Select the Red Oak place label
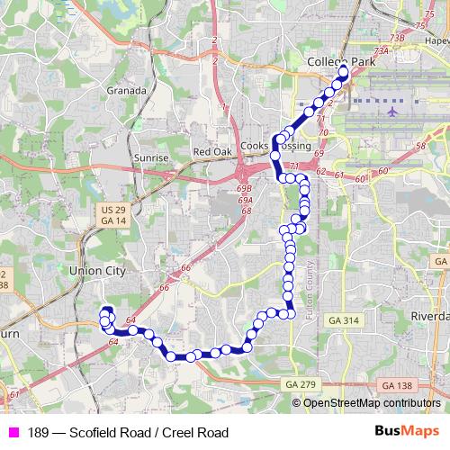(213, 153)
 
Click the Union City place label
(94, 268)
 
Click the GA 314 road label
(344, 320)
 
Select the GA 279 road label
(301, 384)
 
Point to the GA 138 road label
(397, 384)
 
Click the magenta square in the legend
(11, 434)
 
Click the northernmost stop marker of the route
(343, 70)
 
